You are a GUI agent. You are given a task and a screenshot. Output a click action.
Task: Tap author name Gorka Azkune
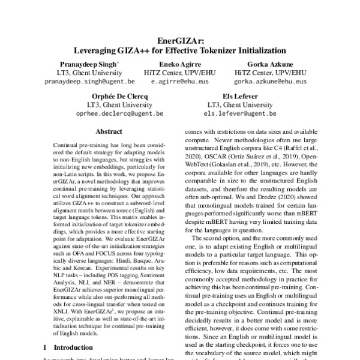pyautogui.click(x=269, y=63)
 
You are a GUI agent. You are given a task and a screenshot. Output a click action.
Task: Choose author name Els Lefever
pyautogui.click(x=239, y=94)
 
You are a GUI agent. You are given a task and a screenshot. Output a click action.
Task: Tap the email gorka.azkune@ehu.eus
pyautogui.click(x=269, y=80)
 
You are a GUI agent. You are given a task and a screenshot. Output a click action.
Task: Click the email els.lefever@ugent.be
pyautogui.click(x=239, y=112)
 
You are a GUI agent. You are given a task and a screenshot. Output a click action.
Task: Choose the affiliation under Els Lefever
pyautogui.click(x=239, y=103)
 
